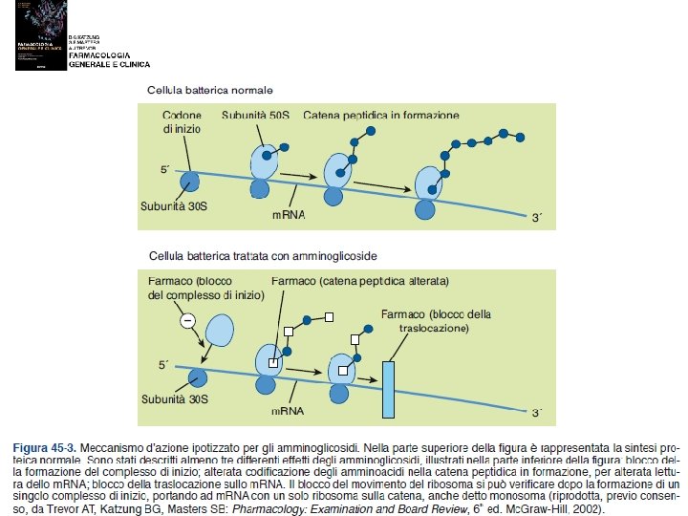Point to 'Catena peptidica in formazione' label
tap(382, 115)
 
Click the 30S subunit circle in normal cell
tap(190, 180)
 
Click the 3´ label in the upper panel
tap(537, 218)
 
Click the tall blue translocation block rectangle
tap(388, 389)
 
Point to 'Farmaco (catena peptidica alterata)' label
tap(360, 282)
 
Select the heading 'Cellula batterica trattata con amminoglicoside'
tap(264, 256)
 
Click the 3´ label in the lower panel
tap(537, 413)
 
